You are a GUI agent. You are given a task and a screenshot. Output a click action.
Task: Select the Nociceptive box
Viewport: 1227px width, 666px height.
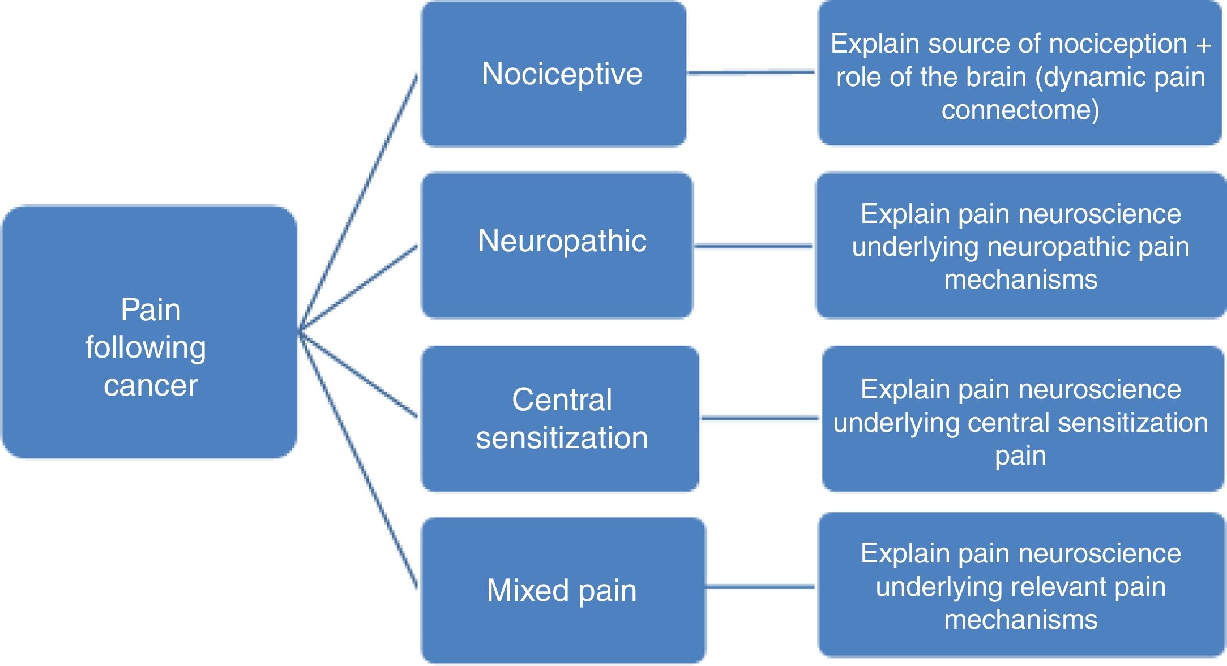[x=554, y=74]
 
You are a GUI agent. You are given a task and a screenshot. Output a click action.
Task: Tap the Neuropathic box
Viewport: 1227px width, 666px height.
[x=557, y=244]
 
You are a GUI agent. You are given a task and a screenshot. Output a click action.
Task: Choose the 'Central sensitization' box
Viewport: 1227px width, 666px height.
[x=561, y=419]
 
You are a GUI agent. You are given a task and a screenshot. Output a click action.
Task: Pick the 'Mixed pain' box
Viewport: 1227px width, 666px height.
[x=563, y=590]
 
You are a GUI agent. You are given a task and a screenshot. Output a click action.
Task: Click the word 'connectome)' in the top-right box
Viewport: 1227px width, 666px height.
[x=1020, y=110]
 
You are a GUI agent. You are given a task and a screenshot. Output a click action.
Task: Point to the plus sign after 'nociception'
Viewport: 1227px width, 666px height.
[x=1204, y=45]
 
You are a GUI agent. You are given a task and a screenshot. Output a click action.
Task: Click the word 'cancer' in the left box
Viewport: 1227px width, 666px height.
[x=151, y=386]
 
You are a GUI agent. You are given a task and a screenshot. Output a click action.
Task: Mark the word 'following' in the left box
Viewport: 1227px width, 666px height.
[x=146, y=348]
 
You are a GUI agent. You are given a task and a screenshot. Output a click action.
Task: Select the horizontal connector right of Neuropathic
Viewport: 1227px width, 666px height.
[x=753, y=246]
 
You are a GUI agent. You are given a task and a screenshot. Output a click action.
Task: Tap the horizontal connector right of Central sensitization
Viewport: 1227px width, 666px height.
[x=760, y=419]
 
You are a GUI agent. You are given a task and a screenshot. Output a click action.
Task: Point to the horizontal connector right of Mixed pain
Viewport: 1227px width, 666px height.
[x=760, y=587]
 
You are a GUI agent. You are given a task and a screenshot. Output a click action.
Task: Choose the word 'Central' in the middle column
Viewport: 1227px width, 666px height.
[x=562, y=399]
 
